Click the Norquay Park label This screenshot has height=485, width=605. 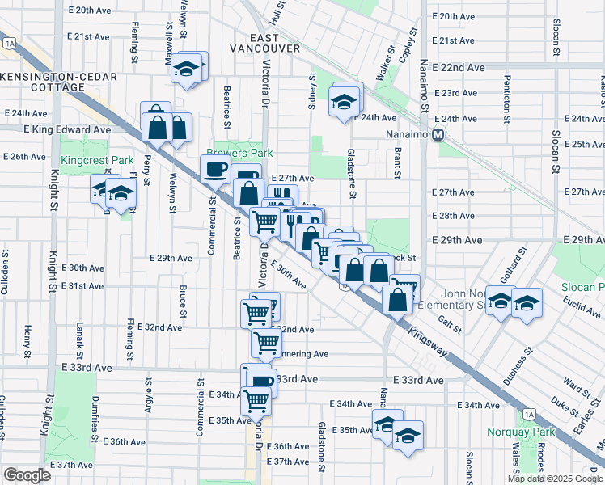[520, 432]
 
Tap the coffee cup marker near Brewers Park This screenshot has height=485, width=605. [215, 169]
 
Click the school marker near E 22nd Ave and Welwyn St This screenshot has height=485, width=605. [188, 68]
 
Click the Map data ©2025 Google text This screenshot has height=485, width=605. [555, 479]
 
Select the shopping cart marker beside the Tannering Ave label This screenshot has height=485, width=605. [266, 342]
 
